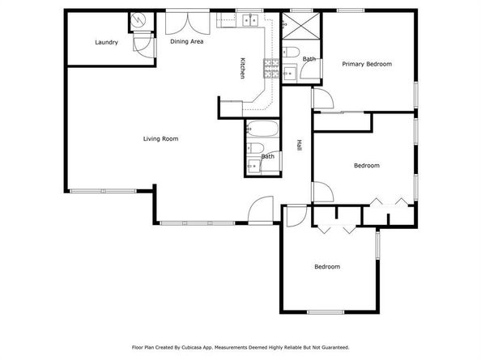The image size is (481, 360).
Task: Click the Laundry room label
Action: pyautogui.click(x=106, y=42)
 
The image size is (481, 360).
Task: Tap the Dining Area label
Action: pyautogui.click(x=187, y=41)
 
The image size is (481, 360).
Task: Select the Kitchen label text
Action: pyautogui.click(x=242, y=68)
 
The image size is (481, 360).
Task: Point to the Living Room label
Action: pyautogui.click(x=161, y=139)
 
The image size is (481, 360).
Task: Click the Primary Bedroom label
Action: pyautogui.click(x=367, y=64)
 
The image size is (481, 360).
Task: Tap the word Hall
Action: pyautogui.click(x=299, y=145)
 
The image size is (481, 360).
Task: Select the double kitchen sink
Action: pyautogui.click(x=251, y=20)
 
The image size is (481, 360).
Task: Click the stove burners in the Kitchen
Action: pyautogui.click(x=271, y=68)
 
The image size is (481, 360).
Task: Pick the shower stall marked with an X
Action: pyautogui.click(x=301, y=26)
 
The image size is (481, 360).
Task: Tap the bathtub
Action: pyautogui.click(x=262, y=129)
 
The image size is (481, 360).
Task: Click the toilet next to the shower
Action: pyautogui.click(x=291, y=52)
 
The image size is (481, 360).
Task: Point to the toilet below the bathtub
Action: pyautogui.click(x=256, y=148)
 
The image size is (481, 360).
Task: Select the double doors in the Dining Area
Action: pyautogui.click(x=187, y=23)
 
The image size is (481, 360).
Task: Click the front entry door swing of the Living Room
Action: pyautogui.click(x=261, y=210)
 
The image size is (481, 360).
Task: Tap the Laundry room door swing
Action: pyautogui.click(x=145, y=45)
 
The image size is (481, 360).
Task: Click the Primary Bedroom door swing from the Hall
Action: pyautogui.click(x=323, y=98)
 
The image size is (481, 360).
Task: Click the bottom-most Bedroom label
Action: pyautogui.click(x=327, y=266)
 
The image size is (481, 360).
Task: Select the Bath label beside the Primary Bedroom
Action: pyautogui.click(x=309, y=59)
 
